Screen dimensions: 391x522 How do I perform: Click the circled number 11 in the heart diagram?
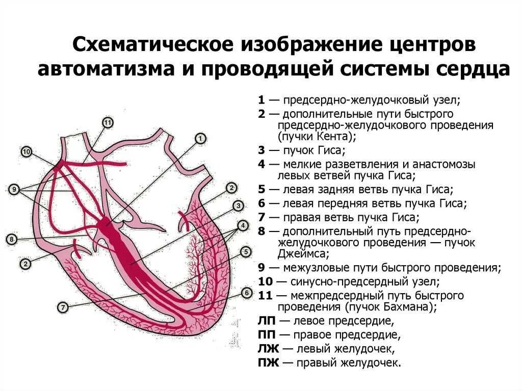pos(108,122)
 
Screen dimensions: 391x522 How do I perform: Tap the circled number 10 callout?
pos(27,151)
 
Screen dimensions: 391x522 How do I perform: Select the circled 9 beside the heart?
pos(14,190)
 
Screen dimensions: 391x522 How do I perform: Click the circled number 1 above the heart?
pos(200,138)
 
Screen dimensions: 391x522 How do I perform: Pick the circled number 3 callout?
pos(238,206)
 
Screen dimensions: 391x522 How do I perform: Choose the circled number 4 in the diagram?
pos(243,225)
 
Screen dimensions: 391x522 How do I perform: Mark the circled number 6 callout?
pos(247,293)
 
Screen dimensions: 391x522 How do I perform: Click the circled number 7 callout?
pos(63,307)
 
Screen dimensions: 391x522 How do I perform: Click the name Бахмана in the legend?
pos(408,307)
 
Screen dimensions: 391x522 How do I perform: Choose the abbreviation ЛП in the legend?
pos(267,321)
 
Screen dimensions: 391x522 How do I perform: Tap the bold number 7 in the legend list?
pos(261,218)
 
